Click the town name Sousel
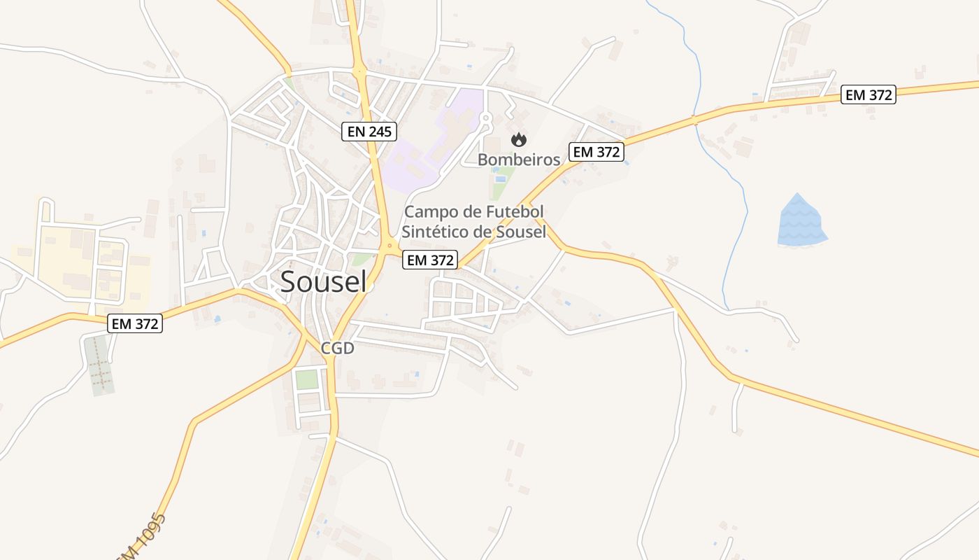point(323,281)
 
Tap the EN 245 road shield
point(369,131)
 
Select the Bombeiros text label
point(519,160)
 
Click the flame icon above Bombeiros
point(518,140)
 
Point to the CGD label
point(338,348)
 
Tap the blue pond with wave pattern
point(801,220)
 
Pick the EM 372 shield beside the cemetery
point(135,323)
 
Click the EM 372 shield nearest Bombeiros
point(596,152)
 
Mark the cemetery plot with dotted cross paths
point(99,365)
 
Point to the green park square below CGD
point(306,379)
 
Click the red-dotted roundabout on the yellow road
point(390,246)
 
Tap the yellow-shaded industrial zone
point(77,259)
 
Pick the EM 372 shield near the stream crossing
point(869,95)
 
